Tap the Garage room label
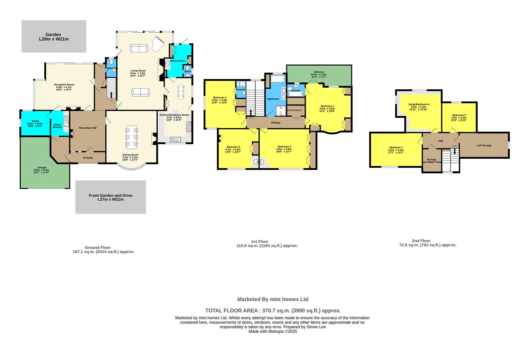tap(42, 168)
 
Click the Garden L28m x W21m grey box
tap(54, 36)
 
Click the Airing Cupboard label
tap(294, 110)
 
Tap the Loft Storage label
tap(484, 145)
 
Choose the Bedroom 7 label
tap(396, 148)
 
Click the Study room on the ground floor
tap(35, 123)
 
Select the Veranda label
tap(88, 158)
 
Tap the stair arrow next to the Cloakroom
tap(111, 94)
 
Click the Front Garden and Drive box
tap(110, 197)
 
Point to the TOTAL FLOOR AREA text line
tap(272, 311)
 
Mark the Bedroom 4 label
tap(233, 147)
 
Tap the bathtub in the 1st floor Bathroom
tap(277, 79)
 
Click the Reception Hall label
tap(88, 128)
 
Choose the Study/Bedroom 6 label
tap(419, 104)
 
